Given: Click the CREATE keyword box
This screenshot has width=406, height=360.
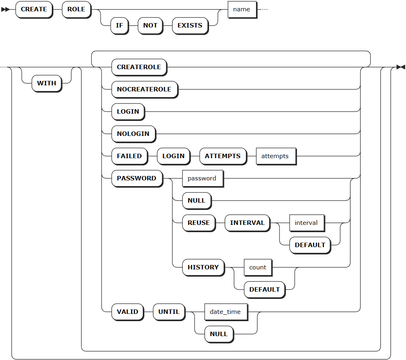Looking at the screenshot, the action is click(34, 10).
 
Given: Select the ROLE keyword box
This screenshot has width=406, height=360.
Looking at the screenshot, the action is click(76, 10).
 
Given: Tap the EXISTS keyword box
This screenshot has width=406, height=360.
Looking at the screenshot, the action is click(190, 25).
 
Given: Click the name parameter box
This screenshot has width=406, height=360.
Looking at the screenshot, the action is click(242, 10).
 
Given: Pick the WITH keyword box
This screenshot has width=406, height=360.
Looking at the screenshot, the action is click(47, 83).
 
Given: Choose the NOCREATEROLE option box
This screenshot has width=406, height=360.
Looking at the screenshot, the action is click(144, 90).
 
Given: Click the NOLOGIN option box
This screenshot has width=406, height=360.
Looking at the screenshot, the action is click(133, 134).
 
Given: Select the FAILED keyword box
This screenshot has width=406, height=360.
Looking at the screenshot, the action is click(129, 157).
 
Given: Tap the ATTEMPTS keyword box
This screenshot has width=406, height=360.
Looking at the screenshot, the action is click(223, 157).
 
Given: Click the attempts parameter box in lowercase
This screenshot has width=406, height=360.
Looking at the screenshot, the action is click(276, 157).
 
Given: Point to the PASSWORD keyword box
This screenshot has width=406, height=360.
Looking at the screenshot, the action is click(137, 179).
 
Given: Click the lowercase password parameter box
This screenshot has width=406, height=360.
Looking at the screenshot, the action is click(203, 179).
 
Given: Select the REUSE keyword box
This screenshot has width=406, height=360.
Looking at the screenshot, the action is click(199, 223).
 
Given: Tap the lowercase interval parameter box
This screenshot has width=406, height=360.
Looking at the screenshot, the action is click(307, 223).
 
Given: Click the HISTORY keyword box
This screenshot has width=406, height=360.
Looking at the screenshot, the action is click(203, 267).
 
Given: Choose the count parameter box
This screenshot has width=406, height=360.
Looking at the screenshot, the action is click(258, 267).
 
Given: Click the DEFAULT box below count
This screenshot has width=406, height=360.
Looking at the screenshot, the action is click(264, 290).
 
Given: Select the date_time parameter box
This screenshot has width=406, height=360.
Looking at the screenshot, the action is click(226, 312).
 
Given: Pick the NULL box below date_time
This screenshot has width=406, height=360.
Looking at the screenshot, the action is click(219, 335).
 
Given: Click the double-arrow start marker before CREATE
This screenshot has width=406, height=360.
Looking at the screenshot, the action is click(5, 10).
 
